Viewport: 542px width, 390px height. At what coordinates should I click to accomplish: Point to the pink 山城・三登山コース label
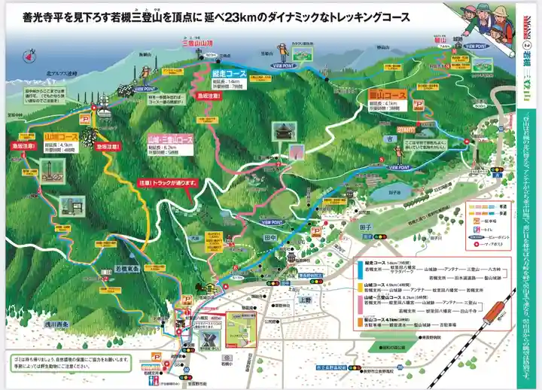[169, 140]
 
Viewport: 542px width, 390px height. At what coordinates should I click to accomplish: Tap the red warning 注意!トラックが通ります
[165, 182]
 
